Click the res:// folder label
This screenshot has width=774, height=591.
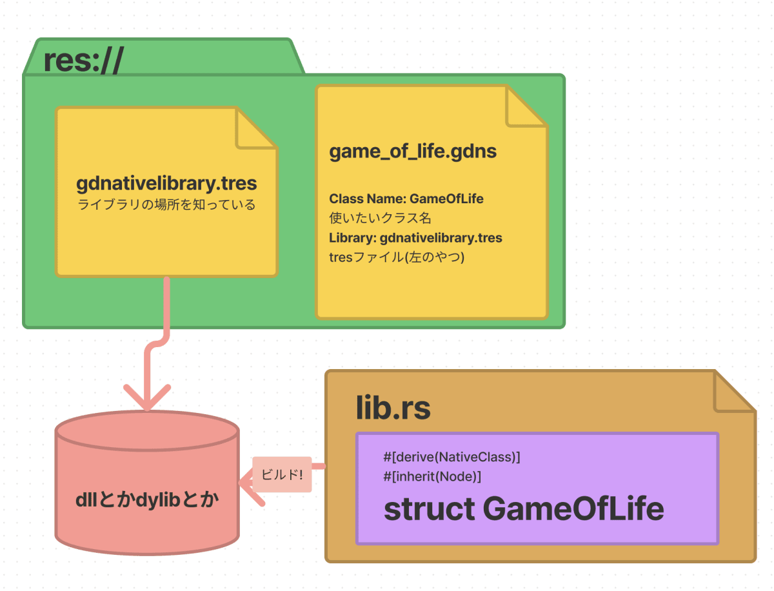(x=83, y=61)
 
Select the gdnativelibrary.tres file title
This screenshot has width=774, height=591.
(x=166, y=183)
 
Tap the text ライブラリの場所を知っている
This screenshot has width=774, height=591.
(x=166, y=205)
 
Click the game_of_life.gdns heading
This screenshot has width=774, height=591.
(x=413, y=152)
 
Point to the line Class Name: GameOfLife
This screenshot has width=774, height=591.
(x=406, y=199)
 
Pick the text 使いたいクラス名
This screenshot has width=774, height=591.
(x=380, y=218)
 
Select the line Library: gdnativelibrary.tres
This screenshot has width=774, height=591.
(x=415, y=237)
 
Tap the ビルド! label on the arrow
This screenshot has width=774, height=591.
(x=282, y=474)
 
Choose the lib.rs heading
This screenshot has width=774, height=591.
(x=393, y=407)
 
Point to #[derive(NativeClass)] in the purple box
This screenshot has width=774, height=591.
(x=451, y=457)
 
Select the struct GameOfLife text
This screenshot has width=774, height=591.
(x=523, y=509)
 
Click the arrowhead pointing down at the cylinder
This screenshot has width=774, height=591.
(x=147, y=401)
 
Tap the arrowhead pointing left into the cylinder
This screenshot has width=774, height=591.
(x=248, y=483)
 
